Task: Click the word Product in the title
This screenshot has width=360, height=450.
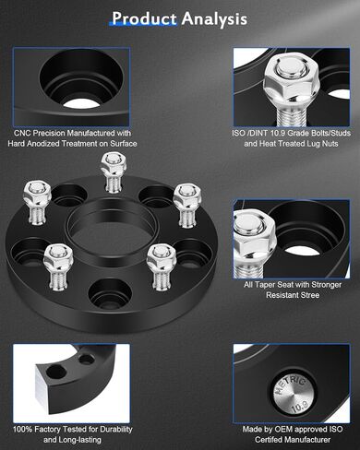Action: click(x=144, y=18)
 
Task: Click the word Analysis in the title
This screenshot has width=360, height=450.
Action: click(x=214, y=19)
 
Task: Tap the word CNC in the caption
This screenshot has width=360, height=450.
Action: click(x=22, y=133)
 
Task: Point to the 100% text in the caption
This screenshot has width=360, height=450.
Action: click(x=22, y=429)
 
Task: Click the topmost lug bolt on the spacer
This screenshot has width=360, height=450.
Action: click(x=113, y=172)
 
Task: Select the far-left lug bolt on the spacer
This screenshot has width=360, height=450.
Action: click(x=37, y=202)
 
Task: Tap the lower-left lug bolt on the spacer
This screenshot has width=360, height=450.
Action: click(x=58, y=266)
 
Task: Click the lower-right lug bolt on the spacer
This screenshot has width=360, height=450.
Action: click(x=162, y=266)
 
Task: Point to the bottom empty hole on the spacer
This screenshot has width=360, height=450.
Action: click(x=110, y=293)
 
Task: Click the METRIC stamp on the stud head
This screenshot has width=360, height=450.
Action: click(x=291, y=386)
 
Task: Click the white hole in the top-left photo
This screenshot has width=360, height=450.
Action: click(x=81, y=103)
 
